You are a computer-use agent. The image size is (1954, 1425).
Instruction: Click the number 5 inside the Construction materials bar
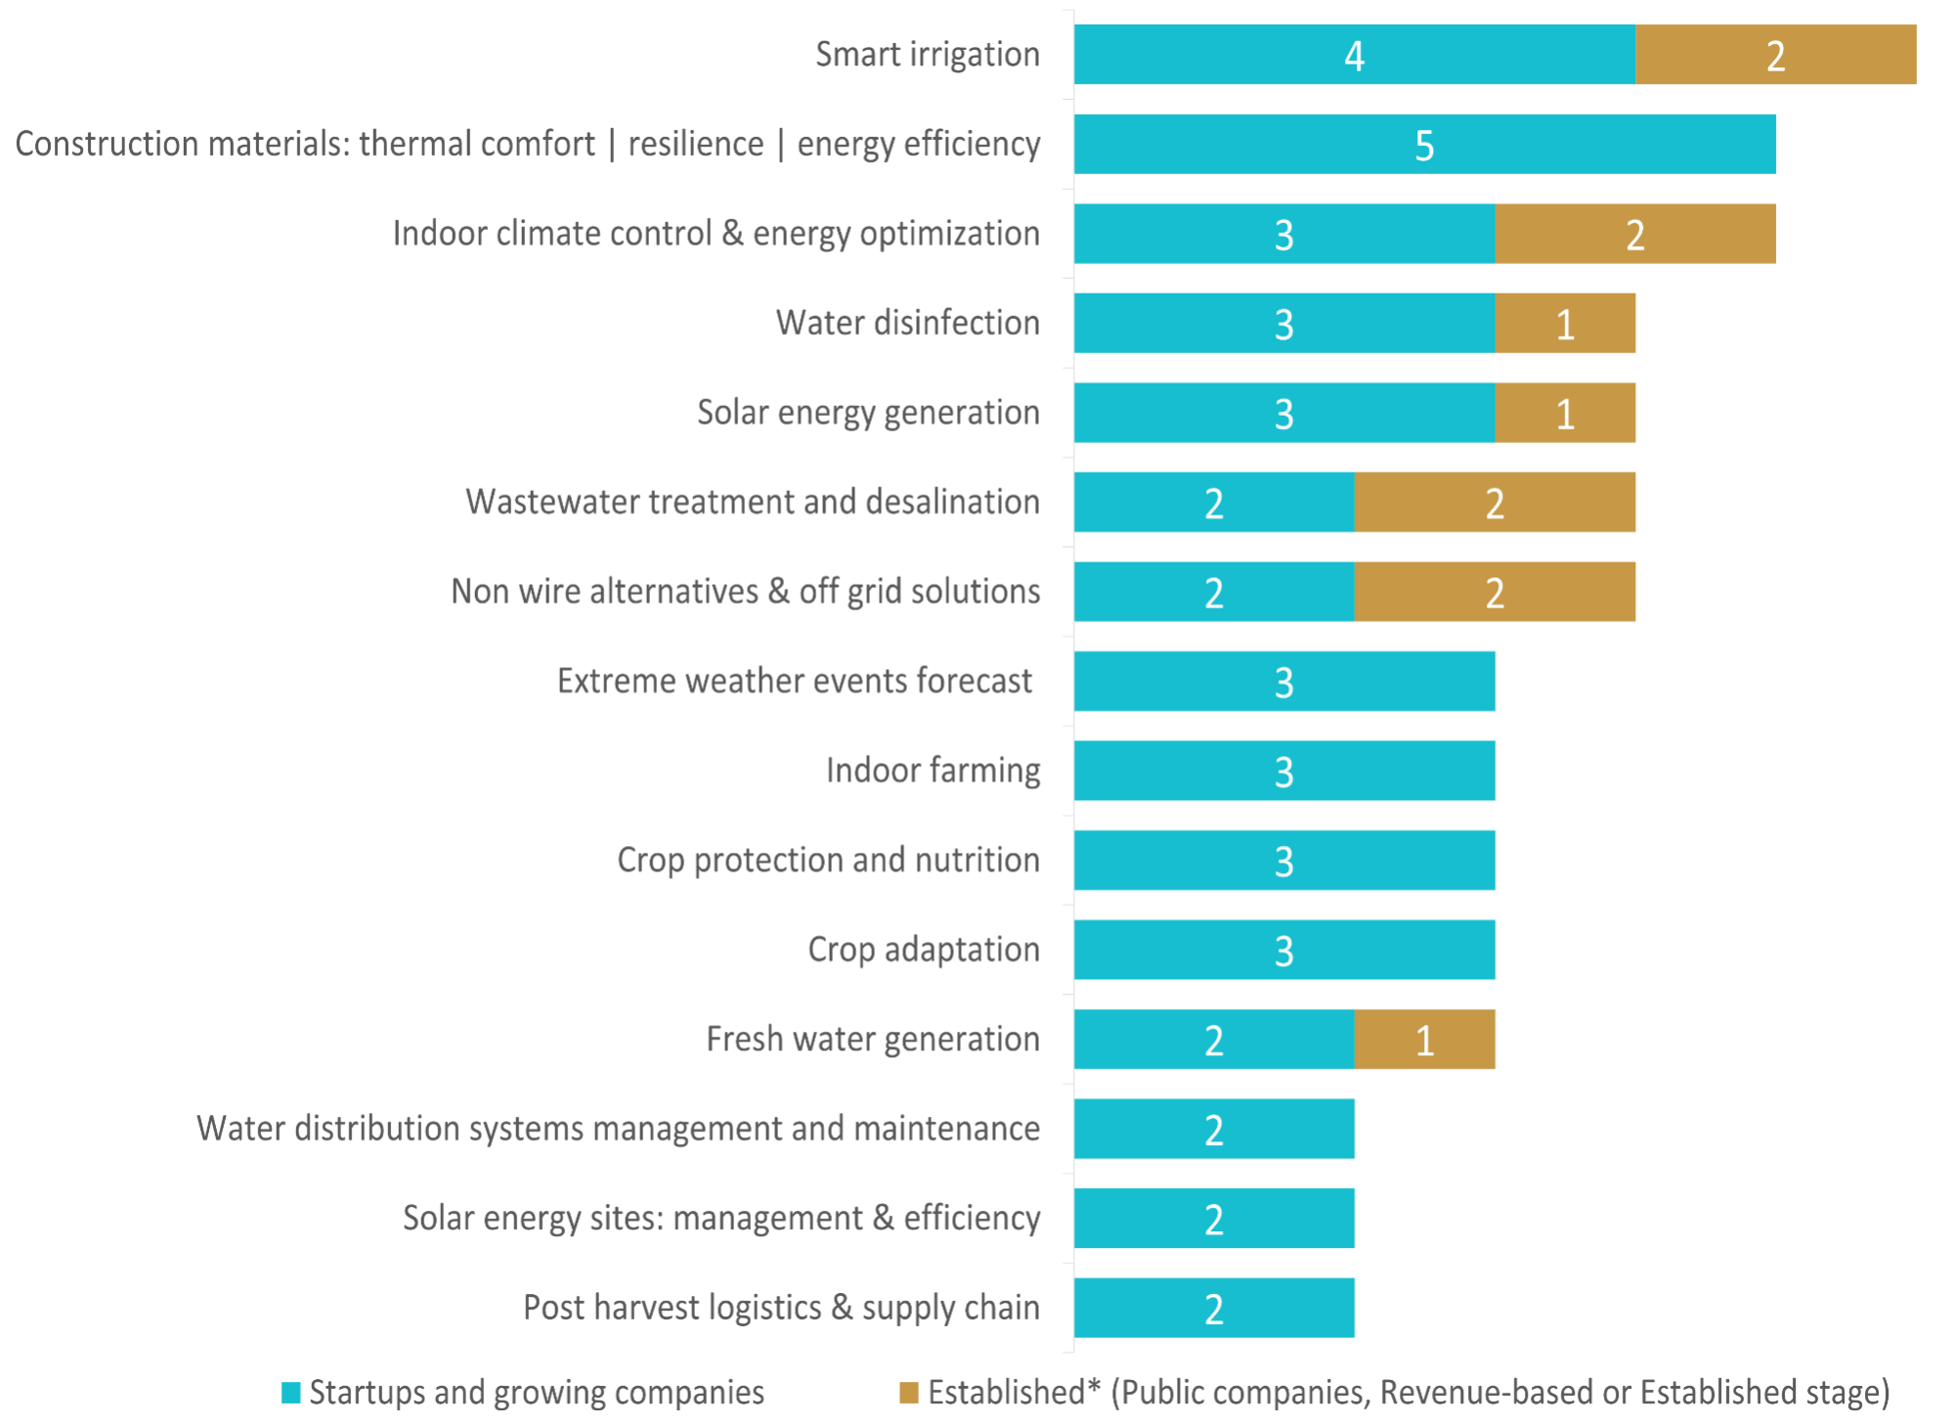1424,146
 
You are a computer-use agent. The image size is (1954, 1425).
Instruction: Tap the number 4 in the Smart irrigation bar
1354,56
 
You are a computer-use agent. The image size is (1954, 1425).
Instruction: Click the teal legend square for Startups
290,1393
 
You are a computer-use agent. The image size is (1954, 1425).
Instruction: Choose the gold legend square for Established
909,1393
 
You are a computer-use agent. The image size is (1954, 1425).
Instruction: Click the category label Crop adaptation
923,950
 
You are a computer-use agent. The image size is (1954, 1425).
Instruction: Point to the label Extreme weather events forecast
794,681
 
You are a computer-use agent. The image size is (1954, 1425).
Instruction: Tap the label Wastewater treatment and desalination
752,502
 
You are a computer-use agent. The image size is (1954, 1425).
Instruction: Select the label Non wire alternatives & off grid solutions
745,592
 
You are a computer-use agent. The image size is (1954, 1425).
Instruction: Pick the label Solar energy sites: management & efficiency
720,1219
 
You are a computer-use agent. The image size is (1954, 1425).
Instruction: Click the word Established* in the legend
1006,1392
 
